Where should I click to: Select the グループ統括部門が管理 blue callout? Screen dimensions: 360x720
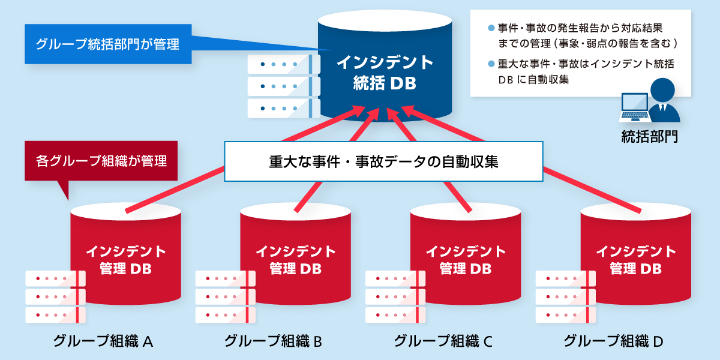click(108, 44)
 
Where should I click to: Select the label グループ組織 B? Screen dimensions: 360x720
click(273, 341)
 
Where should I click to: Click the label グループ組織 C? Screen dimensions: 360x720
click(443, 341)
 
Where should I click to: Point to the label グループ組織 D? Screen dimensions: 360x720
click(613, 341)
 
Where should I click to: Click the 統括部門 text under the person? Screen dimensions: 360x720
click(650, 136)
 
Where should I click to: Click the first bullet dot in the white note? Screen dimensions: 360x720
click(491, 28)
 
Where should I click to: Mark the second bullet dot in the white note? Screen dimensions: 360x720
click(491, 64)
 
